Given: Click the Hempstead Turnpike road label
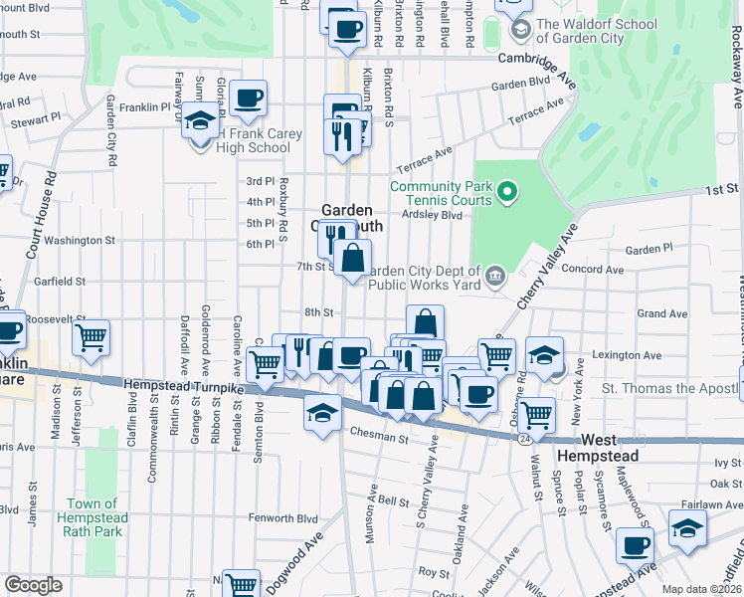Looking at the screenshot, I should [183, 383].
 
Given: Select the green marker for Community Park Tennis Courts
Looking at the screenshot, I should [507, 189].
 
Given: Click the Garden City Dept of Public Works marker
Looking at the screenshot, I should [494, 274].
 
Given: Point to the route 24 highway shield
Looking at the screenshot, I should [522, 437].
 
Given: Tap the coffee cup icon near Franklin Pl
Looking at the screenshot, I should [248, 99].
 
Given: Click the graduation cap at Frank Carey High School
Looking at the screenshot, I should [200, 120].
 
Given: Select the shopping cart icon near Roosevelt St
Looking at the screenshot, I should [92, 337].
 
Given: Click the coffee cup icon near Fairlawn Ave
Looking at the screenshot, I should [635, 545].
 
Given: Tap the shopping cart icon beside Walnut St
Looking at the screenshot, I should [537, 413].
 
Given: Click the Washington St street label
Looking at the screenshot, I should [80, 240].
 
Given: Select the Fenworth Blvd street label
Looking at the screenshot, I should [282, 518].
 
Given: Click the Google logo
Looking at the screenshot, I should [33, 585].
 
